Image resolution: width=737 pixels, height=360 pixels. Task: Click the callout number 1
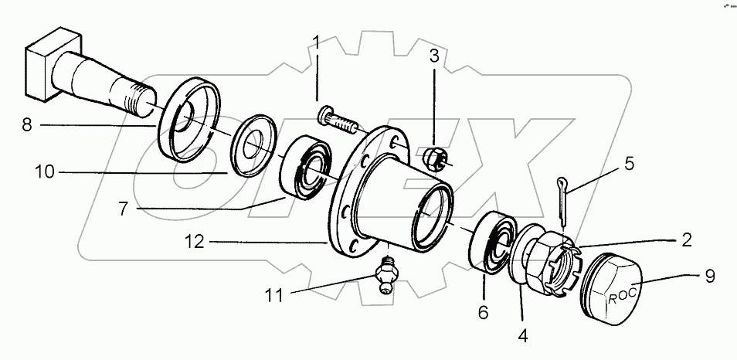click(316, 42)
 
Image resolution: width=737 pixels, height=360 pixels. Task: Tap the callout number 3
click(436, 56)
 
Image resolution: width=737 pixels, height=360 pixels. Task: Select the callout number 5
click(630, 163)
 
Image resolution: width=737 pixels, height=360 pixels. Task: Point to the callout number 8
click(27, 124)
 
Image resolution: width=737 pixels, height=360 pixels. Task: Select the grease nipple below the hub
click(385, 275)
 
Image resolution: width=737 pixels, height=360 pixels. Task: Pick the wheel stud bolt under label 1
click(337, 120)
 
